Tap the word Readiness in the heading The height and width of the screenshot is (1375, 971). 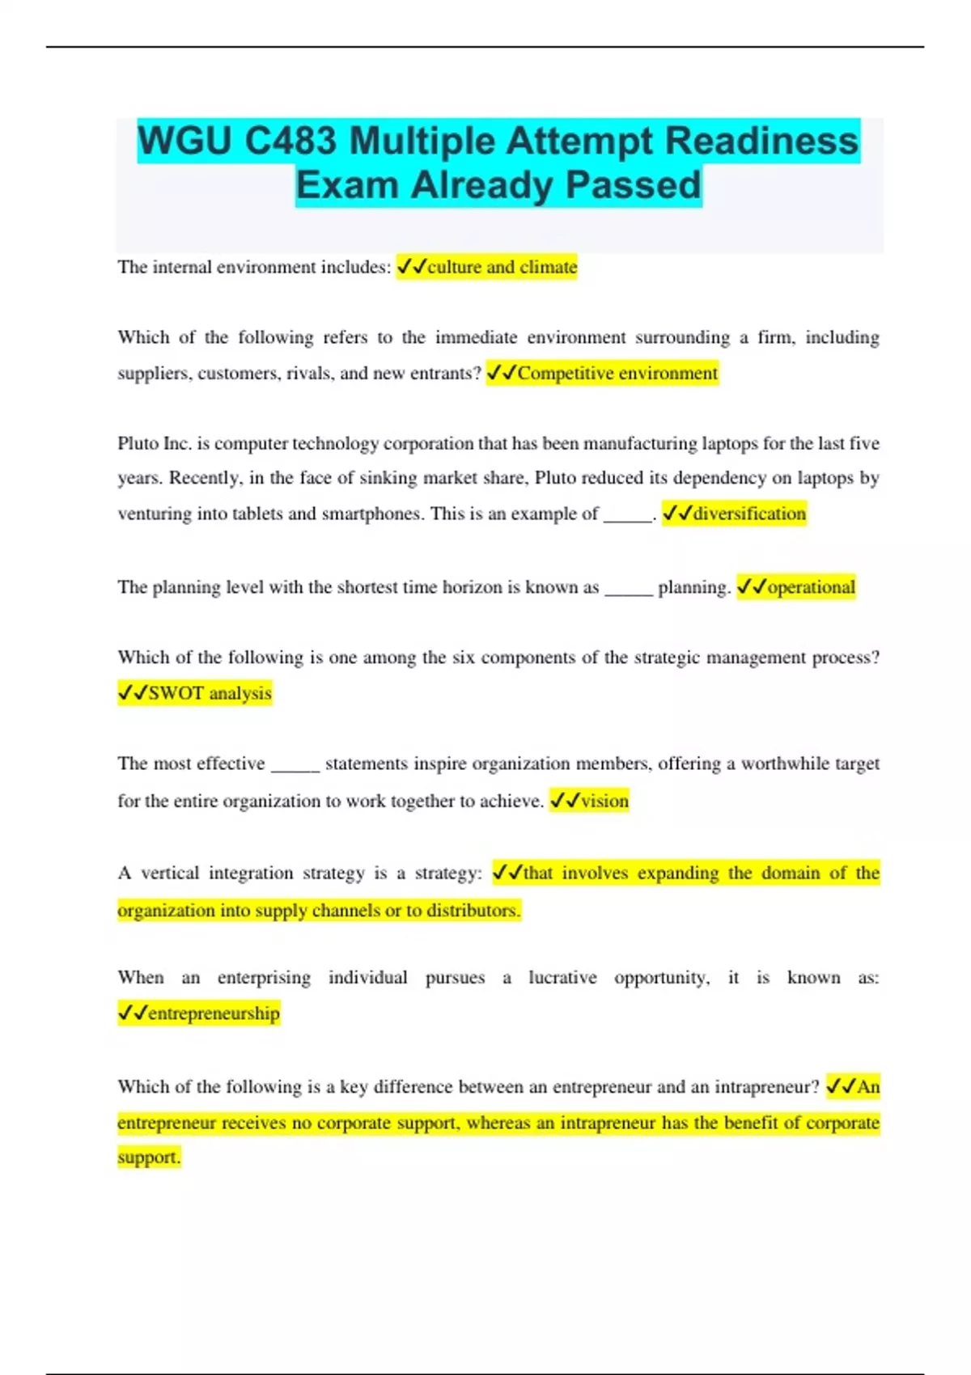761,142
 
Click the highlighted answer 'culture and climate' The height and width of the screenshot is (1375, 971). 502,267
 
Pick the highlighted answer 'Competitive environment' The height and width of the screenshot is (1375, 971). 617,373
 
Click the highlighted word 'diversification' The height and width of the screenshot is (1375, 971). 749,514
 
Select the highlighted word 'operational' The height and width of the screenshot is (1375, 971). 811,587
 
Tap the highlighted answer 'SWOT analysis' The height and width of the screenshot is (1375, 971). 210,693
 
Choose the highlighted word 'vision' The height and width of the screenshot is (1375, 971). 604,801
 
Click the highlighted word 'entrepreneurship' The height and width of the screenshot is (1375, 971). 214,1013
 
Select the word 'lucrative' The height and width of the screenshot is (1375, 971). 562,978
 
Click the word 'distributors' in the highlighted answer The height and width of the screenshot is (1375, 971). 472,911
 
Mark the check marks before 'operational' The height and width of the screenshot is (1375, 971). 752,587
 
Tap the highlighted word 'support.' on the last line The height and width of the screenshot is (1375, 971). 149,1157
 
